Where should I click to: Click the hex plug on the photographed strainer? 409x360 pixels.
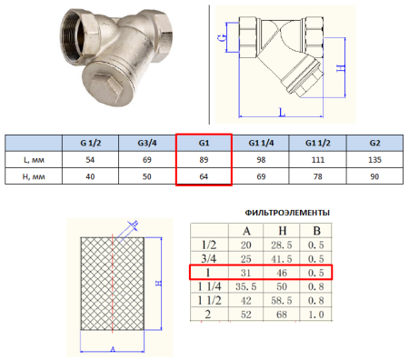[x=107, y=88]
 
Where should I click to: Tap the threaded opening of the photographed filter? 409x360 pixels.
[x=72, y=36]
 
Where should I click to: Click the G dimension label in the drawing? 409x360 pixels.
[x=222, y=37]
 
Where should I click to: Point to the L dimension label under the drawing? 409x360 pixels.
[x=282, y=112]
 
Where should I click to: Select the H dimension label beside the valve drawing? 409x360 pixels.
[x=341, y=68]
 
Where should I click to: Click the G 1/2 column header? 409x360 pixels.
[x=90, y=143]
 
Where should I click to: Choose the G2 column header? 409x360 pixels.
[x=374, y=143]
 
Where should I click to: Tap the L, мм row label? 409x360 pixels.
[x=34, y=160]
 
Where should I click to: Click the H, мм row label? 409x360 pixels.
[x=34, y=176]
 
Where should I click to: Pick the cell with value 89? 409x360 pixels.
[x=204, y=160]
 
